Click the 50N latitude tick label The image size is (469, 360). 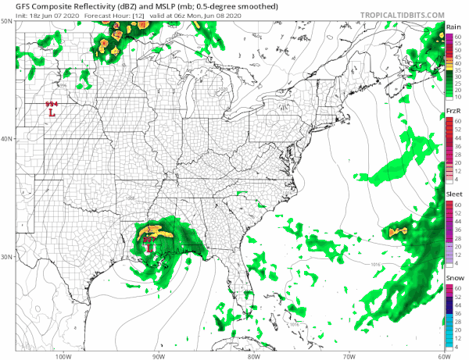pyautogui.click(x=8, y=22)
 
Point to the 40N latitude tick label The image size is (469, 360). pyautogui.click(x=8, y=139)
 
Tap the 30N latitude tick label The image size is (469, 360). pyautogui.click(x=8, y=256)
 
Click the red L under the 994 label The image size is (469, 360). pyautogui.click(x=52, y=113)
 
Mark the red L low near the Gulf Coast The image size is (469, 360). pyautogui.click(x=149, y=248)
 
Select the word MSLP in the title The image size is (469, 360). pyautogui.click(x=155, y=5)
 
